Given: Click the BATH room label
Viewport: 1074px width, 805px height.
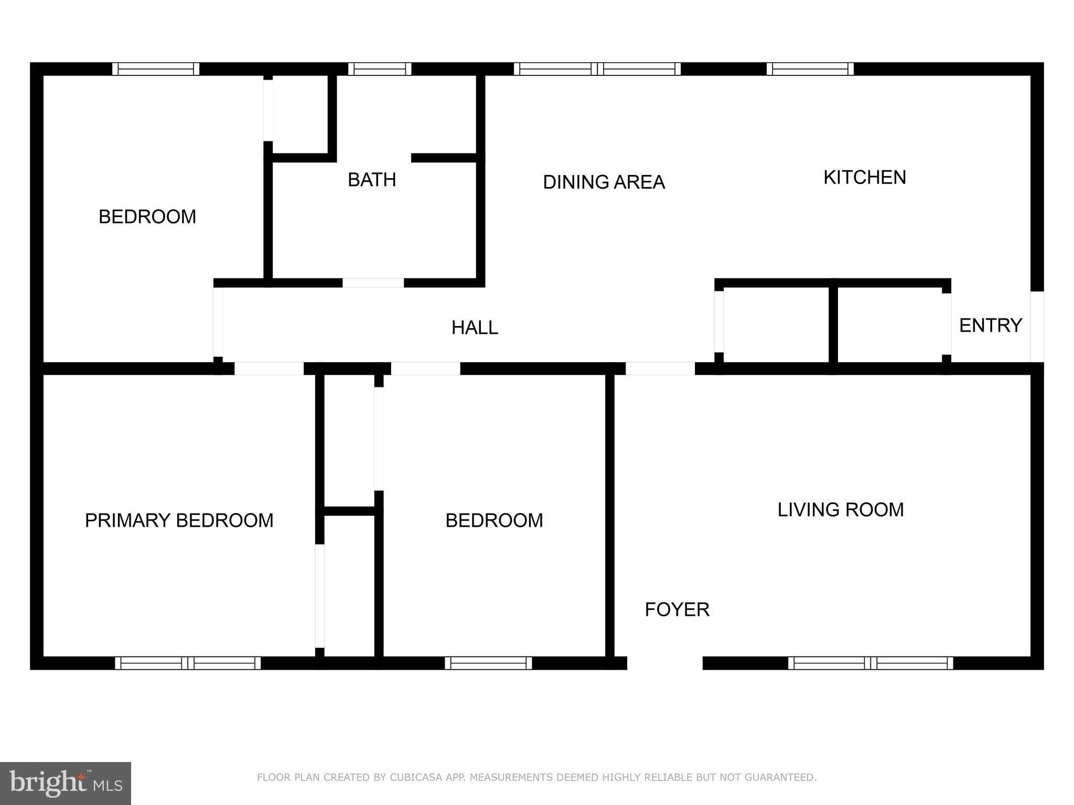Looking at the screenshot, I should pos(372,180).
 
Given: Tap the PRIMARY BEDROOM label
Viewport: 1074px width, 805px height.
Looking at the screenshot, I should pos(179,520).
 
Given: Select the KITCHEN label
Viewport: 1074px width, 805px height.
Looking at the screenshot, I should pos(864,178).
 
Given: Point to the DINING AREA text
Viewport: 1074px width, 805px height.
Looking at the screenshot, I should pos(604,182).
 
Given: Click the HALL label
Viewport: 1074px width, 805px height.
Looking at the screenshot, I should pos(475,328).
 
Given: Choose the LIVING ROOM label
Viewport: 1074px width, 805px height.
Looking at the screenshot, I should pos(840,509).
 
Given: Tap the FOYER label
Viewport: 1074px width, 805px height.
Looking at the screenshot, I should pos(676,610).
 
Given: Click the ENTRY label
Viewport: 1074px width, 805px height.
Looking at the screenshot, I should pos(990,325).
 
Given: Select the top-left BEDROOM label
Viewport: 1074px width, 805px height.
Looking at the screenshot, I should pos(147,216).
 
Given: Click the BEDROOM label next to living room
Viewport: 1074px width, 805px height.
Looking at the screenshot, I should pos(494,520).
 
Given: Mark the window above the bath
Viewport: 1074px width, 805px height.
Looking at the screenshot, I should pos(380,69).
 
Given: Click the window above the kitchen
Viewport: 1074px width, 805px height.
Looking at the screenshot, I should pos(810,69).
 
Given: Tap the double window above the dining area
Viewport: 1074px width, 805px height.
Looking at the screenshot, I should pos(597,69).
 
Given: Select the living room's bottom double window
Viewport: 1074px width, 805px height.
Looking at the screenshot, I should pos(871,663).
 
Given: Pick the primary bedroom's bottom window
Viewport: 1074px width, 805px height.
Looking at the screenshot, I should pos(188,663).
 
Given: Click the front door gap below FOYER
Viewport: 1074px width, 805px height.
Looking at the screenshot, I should pos(664,663).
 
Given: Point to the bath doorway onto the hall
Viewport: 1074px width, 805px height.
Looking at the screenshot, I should pos(373,283).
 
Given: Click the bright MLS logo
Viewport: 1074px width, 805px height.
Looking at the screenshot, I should pos(66,783).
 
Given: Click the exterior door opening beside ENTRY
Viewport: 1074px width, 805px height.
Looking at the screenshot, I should pos(1037,327).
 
